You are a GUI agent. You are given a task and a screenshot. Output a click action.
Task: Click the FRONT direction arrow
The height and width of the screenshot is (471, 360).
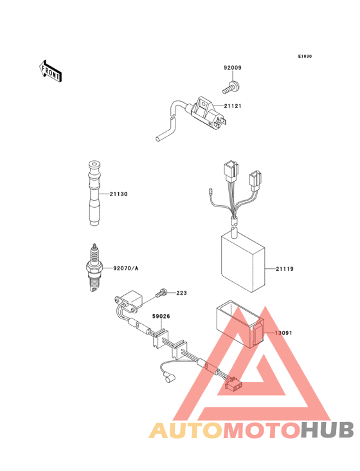(50, 71)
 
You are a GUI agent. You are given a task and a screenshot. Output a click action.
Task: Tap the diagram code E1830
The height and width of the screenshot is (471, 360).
(305, 56)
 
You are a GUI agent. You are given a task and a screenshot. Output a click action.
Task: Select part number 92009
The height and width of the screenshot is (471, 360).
(233, 68)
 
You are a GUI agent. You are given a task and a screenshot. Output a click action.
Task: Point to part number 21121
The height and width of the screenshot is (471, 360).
(233, 106)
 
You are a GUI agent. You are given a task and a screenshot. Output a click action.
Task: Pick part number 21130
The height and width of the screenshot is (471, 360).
(118, 194)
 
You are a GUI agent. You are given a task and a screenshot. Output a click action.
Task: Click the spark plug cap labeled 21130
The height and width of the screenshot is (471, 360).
(94, 194)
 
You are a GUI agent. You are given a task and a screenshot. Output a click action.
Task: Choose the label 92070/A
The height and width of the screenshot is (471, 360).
(126, 268)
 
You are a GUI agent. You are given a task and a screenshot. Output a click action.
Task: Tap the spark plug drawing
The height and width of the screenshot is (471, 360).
(94, 268)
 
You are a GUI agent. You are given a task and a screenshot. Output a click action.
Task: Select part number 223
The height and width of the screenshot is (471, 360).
(181, 293)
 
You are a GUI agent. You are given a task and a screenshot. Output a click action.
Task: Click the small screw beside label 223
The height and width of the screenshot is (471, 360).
(161, 293)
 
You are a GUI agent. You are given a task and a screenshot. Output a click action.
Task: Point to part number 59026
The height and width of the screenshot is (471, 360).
(161, 317)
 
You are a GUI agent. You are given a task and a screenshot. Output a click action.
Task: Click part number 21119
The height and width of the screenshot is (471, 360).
(285, 269)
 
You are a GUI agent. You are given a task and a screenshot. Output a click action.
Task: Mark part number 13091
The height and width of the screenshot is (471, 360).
(283, 333)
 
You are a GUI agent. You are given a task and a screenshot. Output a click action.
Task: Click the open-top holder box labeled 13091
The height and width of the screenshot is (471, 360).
(240, 324)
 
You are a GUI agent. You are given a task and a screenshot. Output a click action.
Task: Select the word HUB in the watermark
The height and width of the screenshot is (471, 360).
(328, 430)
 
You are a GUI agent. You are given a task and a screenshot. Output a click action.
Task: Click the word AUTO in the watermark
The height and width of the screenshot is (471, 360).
(186, 430)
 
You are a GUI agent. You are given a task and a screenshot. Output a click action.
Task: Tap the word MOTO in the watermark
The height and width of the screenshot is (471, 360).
(262, 430)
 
